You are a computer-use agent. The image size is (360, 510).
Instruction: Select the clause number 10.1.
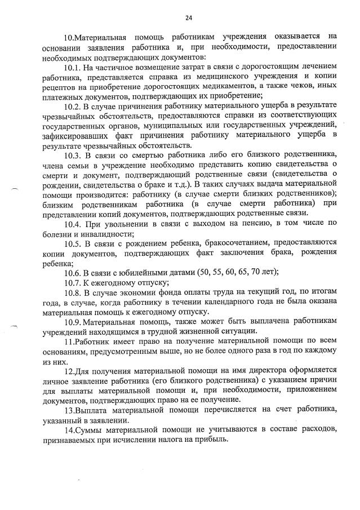click(74, 68)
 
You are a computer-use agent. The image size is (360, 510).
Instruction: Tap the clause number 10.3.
click(74, 156)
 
